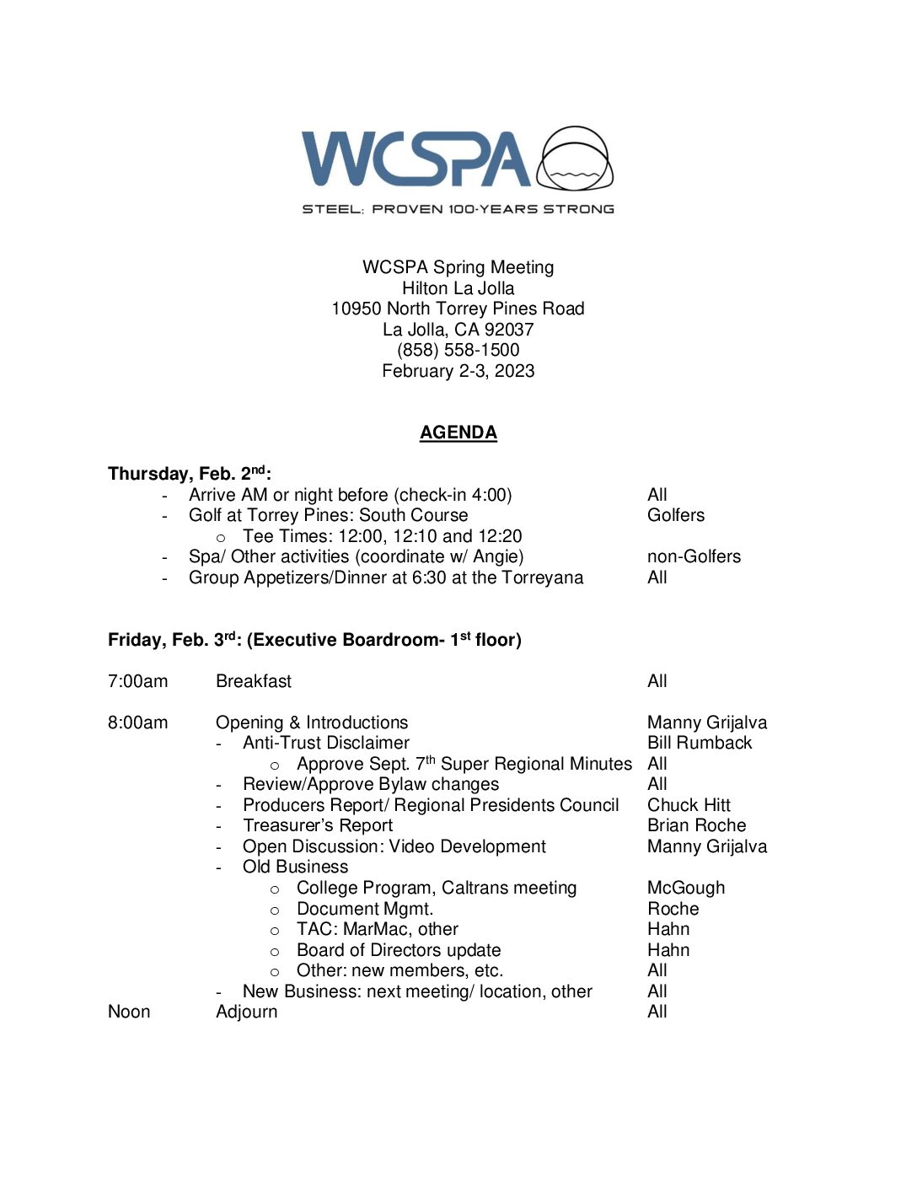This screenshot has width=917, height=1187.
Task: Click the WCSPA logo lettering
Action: [x=416, y=158]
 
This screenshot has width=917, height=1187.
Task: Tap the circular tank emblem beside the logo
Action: [x=576, y=158]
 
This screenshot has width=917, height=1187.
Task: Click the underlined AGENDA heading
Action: [x=458, y=432]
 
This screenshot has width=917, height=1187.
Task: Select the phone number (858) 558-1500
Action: [x=458, y=350]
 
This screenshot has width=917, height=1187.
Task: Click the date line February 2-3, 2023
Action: [x=458, y=371]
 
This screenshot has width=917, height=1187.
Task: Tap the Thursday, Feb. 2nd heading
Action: [x=189, y=473]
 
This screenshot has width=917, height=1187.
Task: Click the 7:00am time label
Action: [x=137, y=681]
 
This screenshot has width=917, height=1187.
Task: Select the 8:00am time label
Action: [x=137, y=722]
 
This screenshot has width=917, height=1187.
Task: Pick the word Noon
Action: [x=129, y=1012]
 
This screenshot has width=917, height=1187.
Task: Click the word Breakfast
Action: [x=254, y=681]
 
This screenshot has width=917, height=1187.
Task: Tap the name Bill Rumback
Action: [x=700, y=743]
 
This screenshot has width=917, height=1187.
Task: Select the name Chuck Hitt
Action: [x=689, y=805]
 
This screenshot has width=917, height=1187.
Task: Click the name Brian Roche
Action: [x=696, y=825]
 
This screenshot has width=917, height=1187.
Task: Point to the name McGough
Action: [x=686, y=888]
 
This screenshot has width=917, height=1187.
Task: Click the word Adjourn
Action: [x=246, y=1012]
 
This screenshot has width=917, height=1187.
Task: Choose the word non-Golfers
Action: [x=694, y=556]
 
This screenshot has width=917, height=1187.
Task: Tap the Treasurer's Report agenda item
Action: [x=318, y=825]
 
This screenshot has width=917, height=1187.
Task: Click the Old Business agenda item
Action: [x=295, y=867]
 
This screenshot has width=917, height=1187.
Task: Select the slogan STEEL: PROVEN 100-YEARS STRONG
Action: [x=458, y=209]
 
